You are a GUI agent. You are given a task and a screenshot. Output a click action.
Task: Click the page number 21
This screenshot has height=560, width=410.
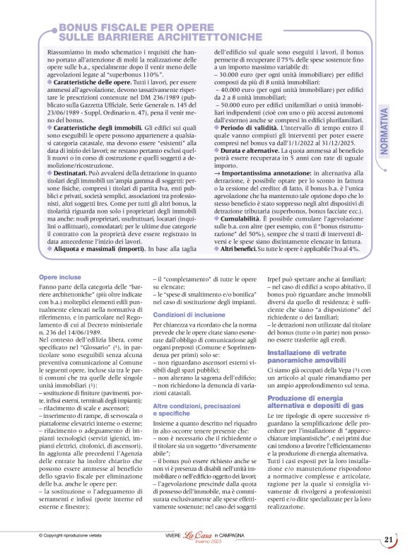tap(389, 539)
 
